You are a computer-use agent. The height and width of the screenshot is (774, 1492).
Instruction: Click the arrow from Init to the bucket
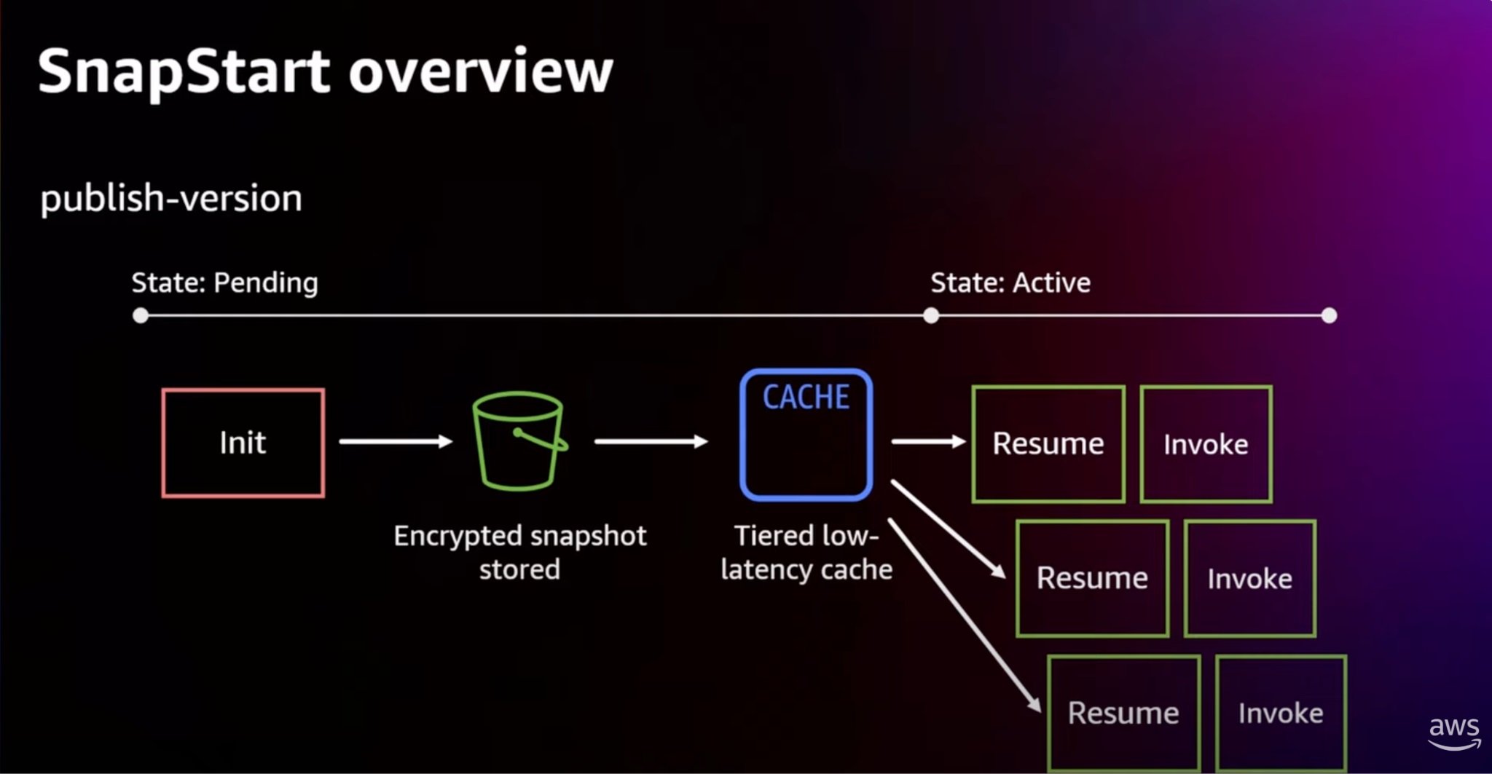[396, 441]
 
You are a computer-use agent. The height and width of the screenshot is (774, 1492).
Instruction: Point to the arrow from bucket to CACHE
[651, 441]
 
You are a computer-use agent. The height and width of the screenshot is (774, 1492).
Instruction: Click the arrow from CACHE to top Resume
[929, 441]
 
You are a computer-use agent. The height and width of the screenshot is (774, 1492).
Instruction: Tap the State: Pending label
[224, 283]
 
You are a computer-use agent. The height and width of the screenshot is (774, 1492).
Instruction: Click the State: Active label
[1010, 283]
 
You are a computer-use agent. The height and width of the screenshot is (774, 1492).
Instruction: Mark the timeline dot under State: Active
[931, 315]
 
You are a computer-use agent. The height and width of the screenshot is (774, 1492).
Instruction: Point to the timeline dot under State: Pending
[141, 315]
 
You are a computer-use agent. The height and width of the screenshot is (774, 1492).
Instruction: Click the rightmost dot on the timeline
[1329, 315]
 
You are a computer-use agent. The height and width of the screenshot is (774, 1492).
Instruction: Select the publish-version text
[171, 199]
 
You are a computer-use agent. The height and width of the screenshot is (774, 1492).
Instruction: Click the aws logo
[1454, 732]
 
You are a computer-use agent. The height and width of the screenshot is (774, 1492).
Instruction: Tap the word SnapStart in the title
[184, 72]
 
